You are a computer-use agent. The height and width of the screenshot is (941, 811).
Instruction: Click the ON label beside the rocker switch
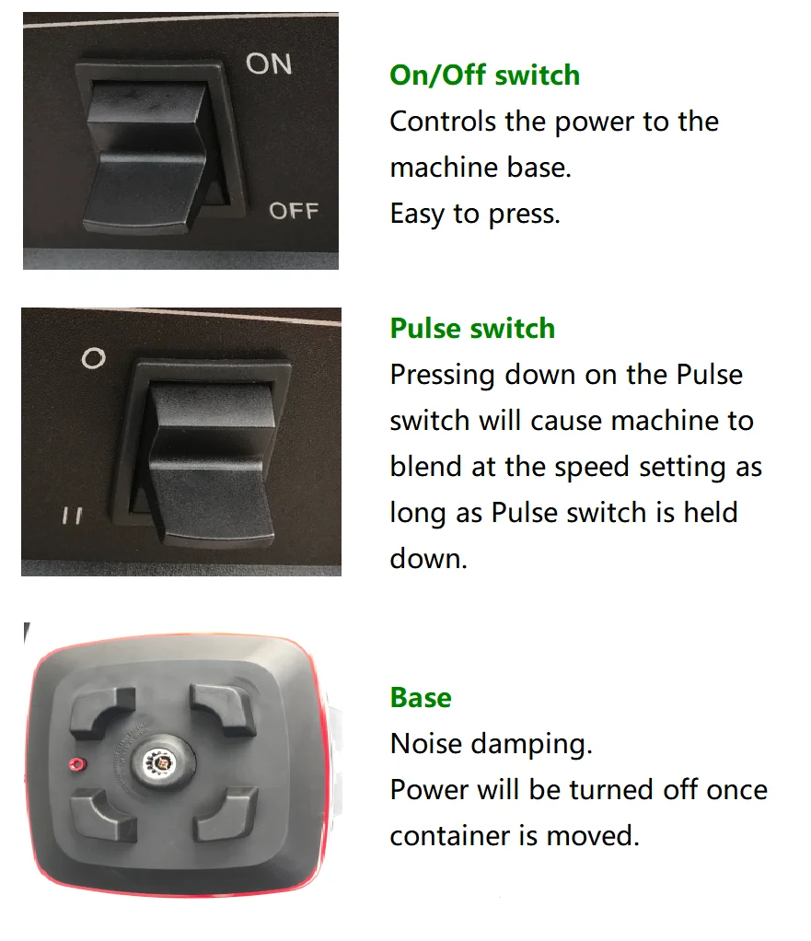(269, 64)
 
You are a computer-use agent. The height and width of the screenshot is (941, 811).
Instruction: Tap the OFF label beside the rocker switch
(294, 211)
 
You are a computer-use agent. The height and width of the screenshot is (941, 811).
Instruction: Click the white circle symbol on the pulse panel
(94, 358)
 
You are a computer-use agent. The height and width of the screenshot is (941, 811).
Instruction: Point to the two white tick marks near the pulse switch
(73, 516)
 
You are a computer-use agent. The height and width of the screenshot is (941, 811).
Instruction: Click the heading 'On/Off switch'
(485, 75)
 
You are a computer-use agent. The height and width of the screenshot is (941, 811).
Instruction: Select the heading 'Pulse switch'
(472, 329)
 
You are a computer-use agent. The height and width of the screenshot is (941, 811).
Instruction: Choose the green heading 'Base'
(421, 697)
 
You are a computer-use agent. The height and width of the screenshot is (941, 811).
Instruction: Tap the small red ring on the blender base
(77, 764)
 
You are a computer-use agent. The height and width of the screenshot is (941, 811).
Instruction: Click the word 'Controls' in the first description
(443, 122)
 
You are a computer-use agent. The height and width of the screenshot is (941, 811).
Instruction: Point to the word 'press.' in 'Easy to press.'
(525, 215)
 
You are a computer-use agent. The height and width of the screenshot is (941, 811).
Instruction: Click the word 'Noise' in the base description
(426, 744)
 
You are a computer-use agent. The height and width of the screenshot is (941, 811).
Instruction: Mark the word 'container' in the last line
(451, 835)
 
